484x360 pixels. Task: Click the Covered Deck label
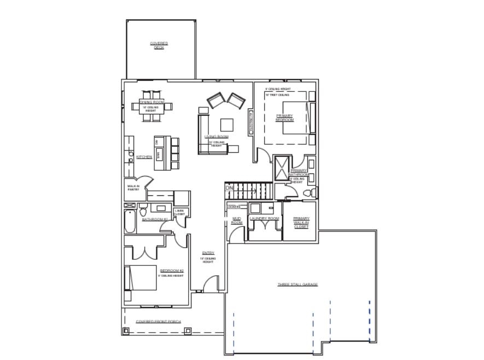point(159,45)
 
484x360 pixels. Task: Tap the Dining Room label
point(151,102)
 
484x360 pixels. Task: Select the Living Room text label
point(216,137)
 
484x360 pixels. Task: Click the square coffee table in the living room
point(226,123)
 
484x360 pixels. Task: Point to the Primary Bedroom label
point(284,118)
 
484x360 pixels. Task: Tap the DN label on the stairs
point(229,189)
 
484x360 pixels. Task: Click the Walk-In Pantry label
point(133,188)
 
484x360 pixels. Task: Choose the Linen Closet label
point(179,212)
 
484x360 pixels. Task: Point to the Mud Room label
point(236,220)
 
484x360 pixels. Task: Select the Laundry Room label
point(264,219)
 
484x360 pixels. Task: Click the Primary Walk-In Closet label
point(301,222)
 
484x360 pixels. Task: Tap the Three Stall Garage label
point(298,284)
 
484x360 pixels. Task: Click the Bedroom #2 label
point(171,271)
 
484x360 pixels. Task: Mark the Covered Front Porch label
point(158,322)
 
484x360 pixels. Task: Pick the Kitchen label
point(144,157)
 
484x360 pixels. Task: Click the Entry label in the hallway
point(208,253)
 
